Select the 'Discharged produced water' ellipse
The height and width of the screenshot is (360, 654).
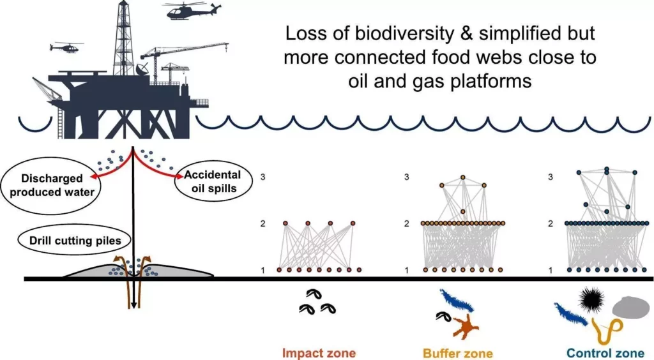click(x=52, y=185)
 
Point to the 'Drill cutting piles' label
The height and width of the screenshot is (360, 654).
click(x=75, y=241)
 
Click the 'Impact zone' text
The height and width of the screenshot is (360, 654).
click(x=319, y=353)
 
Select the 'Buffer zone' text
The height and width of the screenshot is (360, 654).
click(x=457, y=354)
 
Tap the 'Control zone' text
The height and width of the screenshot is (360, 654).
click(x=605, y=354)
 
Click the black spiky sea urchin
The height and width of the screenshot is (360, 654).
click(x=593, y=298)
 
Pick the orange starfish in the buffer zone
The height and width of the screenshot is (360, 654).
click(x=466, y=326)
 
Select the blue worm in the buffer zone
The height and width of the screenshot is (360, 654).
click(x=456, y=301)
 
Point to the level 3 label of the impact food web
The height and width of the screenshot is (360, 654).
click(x=262, y=177)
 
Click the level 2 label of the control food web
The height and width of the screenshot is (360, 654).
click(x=550, y=224)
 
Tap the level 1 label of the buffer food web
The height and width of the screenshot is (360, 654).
click(x=407, y=271)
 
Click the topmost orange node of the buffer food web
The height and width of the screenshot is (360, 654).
click(x=462, y=177)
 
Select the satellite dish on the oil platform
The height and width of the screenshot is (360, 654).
click(x=143, y=68)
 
